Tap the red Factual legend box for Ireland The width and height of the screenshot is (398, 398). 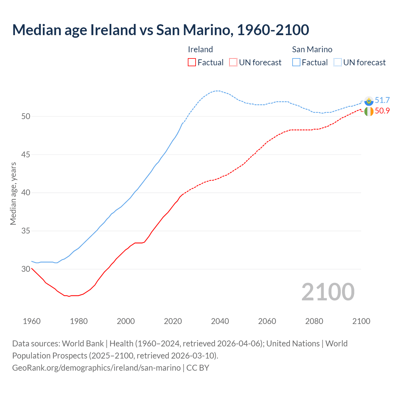192,62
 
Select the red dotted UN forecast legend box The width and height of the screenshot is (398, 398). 233,62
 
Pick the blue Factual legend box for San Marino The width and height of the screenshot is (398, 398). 296,62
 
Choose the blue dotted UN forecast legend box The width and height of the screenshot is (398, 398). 338,62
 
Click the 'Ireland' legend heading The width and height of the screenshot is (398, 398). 200,49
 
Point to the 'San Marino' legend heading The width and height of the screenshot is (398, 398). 312,49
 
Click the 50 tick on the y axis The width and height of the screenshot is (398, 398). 26,116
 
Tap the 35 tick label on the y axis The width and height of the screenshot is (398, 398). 26,231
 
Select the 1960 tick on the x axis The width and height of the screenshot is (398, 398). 32,321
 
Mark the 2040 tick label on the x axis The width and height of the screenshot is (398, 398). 220,321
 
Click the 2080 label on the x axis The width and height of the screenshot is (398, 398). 314,321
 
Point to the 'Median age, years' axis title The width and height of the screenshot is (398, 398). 13,193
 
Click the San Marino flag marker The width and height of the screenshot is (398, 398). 369,101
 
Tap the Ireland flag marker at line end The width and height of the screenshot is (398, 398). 369,111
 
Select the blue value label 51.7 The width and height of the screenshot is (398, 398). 382,100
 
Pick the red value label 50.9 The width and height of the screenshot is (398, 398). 382,111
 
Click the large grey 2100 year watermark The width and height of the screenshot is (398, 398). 328,292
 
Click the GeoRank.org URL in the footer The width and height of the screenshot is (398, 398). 96,368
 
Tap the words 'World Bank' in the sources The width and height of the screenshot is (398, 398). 83,343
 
